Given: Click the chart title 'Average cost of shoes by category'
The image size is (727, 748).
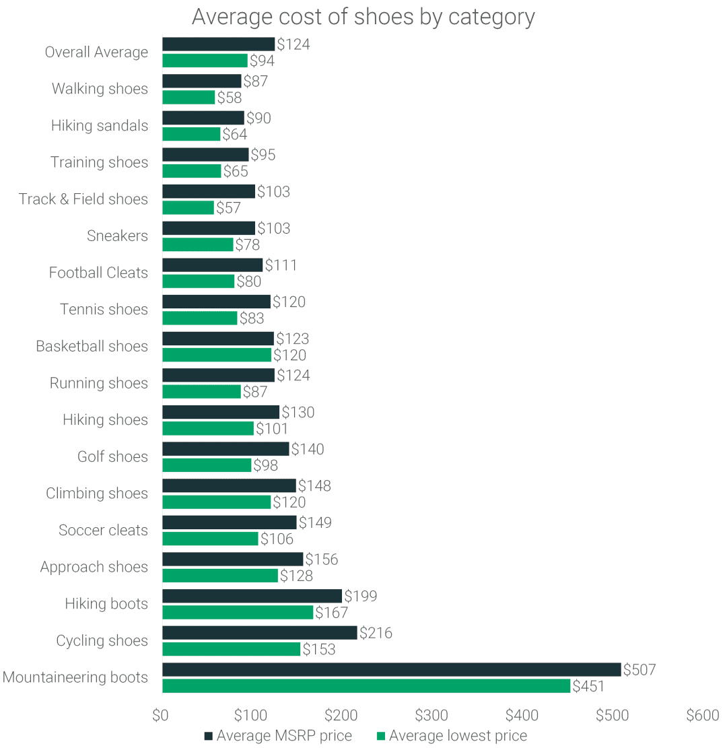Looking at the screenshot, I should (x=363, y=17).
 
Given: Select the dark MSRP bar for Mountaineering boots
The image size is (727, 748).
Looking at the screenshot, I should (x=391, y=669).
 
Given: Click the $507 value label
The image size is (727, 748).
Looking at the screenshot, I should (x=639, y=670).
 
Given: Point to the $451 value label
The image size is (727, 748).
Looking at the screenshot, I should (x=588, y=686).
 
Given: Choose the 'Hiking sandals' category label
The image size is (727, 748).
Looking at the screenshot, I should (x=100, y=125).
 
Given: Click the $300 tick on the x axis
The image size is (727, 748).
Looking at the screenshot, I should (x=431, y=715).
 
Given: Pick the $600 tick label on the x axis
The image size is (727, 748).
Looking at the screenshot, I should (x=702, y=715).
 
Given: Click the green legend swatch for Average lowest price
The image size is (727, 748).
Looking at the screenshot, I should (x=381, y=735).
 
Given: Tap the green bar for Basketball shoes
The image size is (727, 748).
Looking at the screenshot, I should (x=217, y=355).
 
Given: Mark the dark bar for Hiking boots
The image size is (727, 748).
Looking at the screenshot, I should (x=252, y=596).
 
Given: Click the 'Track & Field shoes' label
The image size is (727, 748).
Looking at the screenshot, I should (x=83, y=199).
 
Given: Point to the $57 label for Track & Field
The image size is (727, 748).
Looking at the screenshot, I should (x=228, y=208).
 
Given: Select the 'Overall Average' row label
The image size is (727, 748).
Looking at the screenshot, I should (x=96, y=52).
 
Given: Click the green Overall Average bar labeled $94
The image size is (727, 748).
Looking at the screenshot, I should (x=205, y=61).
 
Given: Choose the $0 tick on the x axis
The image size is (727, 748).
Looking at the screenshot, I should (x=160, y=715).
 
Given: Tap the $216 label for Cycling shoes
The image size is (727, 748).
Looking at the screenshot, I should (x=376, y=633).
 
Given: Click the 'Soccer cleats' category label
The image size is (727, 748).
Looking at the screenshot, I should (x=103, y=531).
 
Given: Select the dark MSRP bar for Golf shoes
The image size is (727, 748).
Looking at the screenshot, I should (x=226, y=449).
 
